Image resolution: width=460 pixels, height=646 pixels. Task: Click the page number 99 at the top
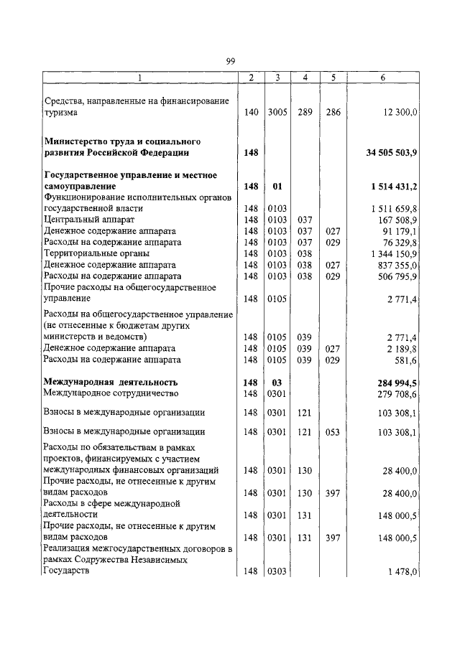(230, 62)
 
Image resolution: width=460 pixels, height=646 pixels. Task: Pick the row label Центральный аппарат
(90, 219)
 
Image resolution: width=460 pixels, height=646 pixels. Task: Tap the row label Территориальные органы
(97, 253)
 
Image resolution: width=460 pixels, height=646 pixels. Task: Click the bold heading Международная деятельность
(111, 382)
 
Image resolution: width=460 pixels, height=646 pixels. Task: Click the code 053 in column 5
(331, 432)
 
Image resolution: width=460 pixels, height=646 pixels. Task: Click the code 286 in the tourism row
(331, 113)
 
